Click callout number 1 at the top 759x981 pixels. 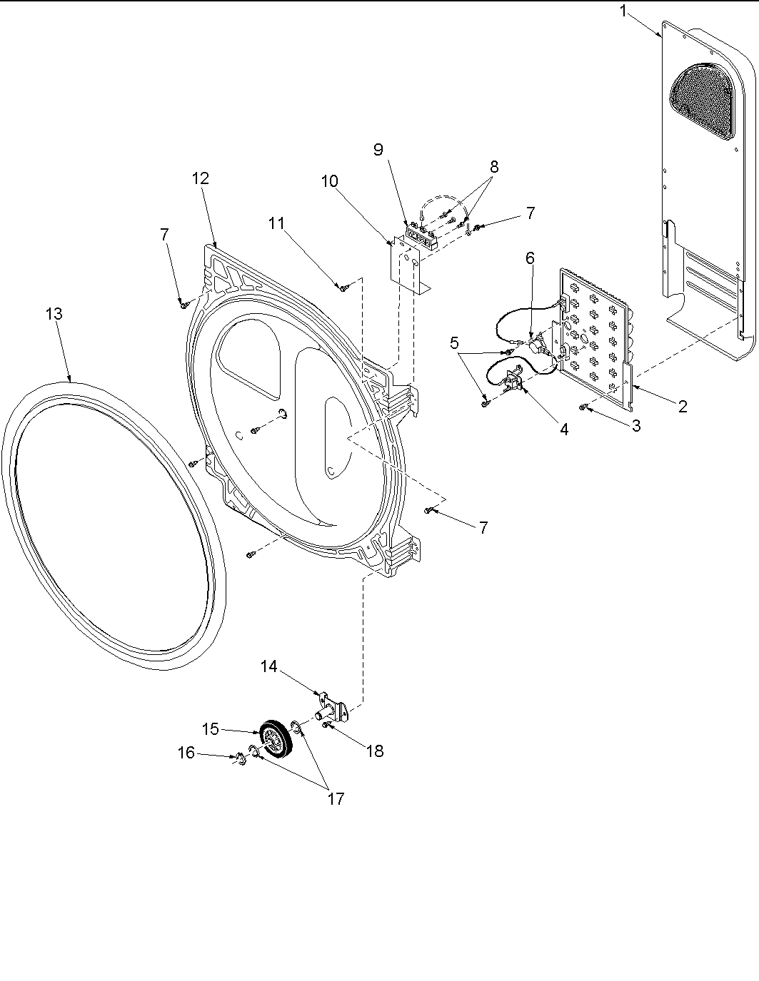624,12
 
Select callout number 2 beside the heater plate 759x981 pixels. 683,407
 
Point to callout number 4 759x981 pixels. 564,429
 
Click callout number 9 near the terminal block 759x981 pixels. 378,149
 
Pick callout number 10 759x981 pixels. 329,181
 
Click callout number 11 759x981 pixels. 276,223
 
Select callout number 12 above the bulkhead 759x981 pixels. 201,178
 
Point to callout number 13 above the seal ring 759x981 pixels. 54,313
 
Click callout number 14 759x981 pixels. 268,666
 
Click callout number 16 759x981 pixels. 186,753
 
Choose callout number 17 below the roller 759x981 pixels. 336,798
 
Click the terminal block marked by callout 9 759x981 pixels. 421,235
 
